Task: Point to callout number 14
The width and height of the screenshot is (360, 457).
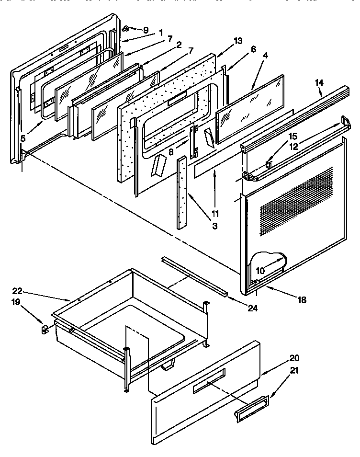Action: [x=319, y=83]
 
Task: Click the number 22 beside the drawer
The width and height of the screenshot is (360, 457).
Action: [x=18, y=291]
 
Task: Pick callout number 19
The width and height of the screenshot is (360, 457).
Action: [x=16, y=303]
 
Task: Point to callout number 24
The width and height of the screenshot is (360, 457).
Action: [x=252, y=308]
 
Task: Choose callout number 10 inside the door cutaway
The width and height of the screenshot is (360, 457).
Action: [x=260, y=270]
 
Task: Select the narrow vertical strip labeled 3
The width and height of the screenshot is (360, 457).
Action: [x=182, y=194]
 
